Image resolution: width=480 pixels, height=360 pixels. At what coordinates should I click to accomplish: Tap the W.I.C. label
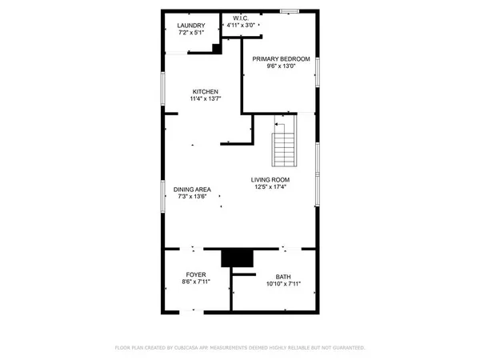242,18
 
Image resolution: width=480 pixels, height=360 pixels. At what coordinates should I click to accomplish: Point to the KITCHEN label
205,90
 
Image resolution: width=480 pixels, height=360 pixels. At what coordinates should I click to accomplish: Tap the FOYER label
196,274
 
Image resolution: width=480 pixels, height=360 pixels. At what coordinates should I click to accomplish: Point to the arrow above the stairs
280,124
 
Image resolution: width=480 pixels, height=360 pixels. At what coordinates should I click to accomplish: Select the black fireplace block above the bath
237,258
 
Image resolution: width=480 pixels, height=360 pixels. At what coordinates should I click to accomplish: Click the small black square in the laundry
216,48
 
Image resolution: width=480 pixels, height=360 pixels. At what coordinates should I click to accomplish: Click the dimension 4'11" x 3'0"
242,26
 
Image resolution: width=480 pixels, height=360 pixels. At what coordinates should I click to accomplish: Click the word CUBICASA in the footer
189,348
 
